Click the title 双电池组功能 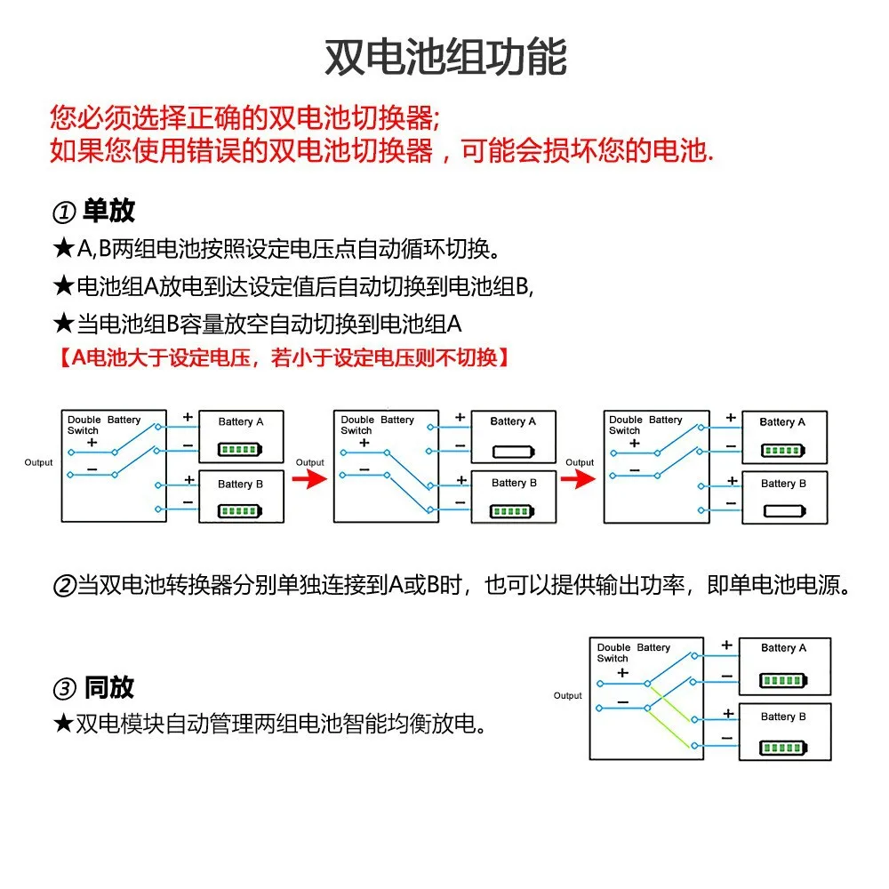444,57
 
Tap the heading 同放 109,687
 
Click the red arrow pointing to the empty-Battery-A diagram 309,480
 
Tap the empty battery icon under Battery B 783,511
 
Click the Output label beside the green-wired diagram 568,696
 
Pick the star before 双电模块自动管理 62,725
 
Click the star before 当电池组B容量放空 62,324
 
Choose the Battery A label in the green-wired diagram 783,648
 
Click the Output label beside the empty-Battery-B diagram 580,462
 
